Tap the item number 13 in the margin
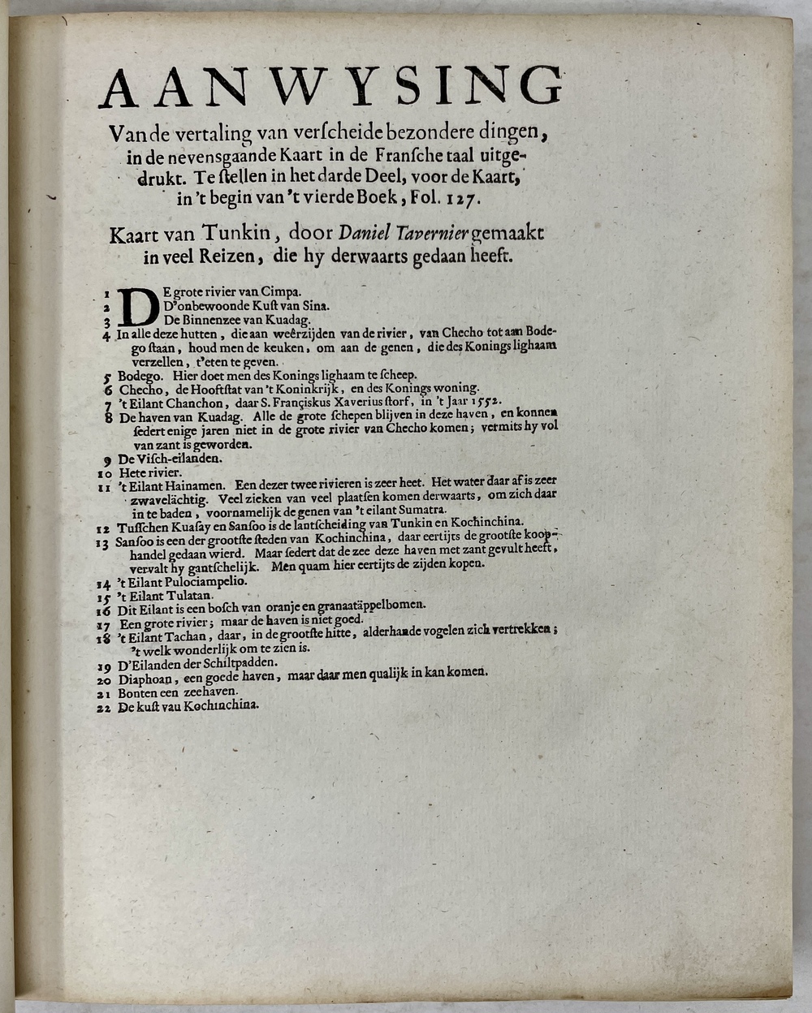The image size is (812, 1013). point(104,541)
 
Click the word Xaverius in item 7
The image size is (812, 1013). point(355,401)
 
